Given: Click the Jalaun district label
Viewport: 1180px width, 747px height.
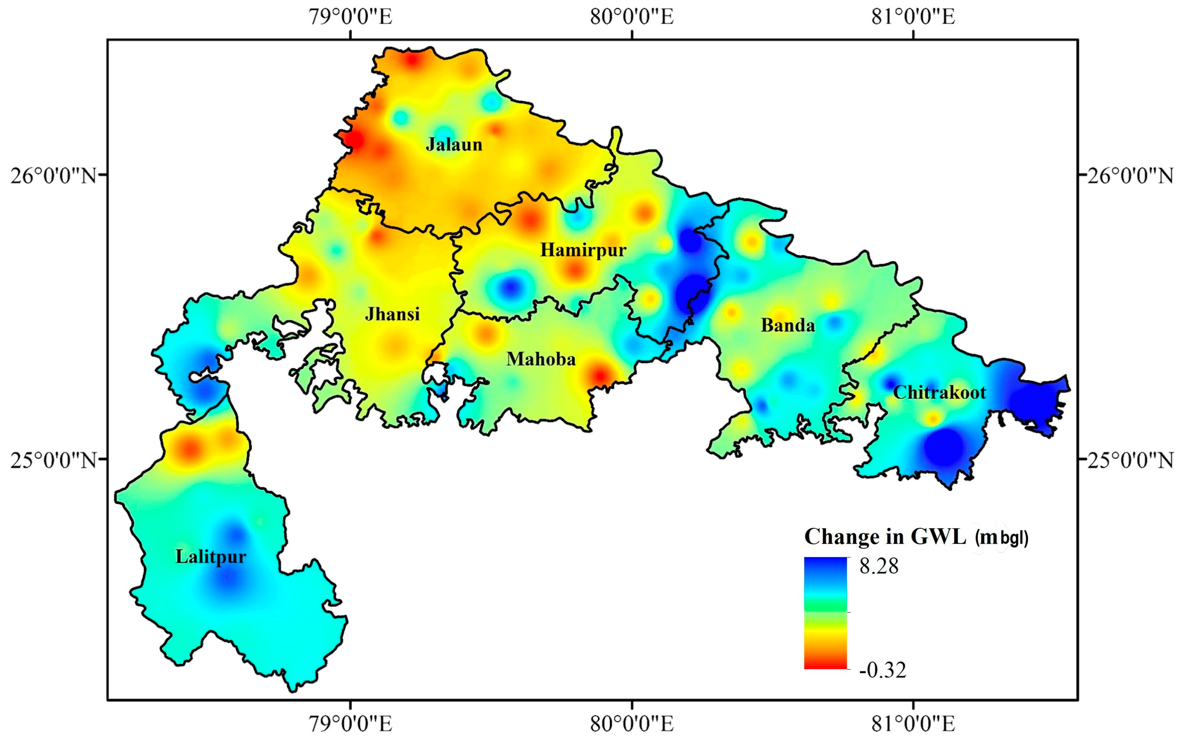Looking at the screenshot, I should click(454, 144).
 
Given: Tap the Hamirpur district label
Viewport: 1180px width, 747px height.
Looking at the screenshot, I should click(583, 250).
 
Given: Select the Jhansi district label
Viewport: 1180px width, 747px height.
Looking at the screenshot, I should click(392, 314).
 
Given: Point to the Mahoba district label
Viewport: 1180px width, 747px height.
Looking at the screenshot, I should click(541, 359).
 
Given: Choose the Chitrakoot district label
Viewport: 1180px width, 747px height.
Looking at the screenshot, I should click(939, 392).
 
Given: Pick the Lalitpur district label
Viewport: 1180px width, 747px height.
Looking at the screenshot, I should click(211, 557).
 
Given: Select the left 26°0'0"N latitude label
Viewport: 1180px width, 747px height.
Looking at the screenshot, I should click(53, 175).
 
